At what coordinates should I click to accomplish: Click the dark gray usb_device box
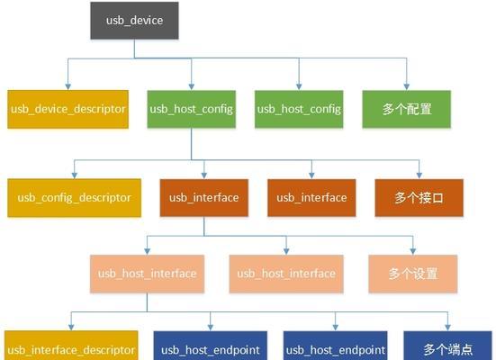[134, 21]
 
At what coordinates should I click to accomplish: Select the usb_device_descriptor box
[68, 109]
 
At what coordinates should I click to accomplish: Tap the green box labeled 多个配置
[407, 109]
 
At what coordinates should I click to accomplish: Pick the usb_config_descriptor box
[75, 198]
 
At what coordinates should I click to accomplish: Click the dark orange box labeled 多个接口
[419, 198]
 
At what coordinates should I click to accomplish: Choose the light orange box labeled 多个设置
[413, 274]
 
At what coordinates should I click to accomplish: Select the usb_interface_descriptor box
[71, 346]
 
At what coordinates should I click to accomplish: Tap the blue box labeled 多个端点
[447, 346]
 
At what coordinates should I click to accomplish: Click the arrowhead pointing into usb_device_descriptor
[68, 87]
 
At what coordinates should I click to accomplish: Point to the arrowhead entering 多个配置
[407, 87]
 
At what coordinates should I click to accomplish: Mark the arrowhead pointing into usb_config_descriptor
[75, 175]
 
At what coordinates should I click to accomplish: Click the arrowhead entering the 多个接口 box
[419, 175]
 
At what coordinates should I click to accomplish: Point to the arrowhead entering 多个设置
[413, 251]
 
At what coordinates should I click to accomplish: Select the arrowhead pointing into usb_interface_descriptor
[71, 328]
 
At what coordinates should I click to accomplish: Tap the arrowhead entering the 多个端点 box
[447, 328]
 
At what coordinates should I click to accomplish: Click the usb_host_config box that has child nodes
[192, 109]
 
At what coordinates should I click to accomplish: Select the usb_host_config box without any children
[299, 109]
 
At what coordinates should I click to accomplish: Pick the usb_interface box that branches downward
[204, 198]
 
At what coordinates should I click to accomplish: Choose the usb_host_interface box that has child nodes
[147, 274]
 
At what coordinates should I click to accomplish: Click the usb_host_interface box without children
[286, 274]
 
